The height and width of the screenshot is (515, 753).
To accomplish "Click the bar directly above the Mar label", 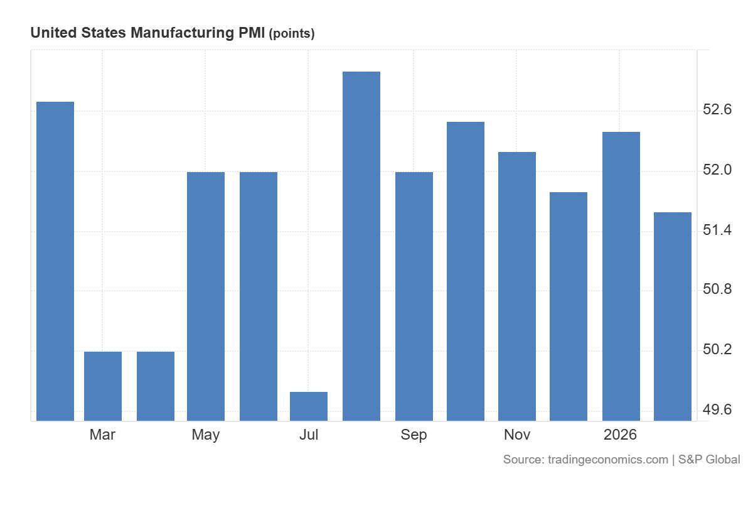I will click(x=103, y=386).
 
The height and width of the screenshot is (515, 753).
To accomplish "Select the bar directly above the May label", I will click(x=206, y=296).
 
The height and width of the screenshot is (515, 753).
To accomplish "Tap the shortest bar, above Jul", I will click(x=309, y=406).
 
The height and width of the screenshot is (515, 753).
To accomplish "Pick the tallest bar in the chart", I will click(x=361, y=246).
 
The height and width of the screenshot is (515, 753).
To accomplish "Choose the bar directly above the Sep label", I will click(x=414, y=296).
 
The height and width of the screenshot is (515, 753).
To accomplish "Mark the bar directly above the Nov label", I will click(x=517, y=286).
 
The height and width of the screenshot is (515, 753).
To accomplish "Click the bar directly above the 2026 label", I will click(x=621, y=276).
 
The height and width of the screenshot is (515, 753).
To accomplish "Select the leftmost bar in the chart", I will click(x=55, y=261).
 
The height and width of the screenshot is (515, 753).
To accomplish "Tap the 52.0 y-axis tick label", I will click(x=717, y=171).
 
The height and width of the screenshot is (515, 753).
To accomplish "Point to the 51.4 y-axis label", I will click(x=717, y=230).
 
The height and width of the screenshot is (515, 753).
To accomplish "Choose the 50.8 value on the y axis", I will click(x=717, y=290).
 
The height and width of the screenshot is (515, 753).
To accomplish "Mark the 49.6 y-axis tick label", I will click(x=717, y=410).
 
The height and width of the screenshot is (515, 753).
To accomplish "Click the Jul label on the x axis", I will click(x=309, y=435).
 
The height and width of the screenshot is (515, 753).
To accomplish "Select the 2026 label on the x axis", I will click(x=620, y=435).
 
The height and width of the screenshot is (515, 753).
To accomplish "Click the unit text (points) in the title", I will click(x=292, y=34).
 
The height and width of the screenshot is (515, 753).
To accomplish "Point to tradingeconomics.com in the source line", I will click(x=608, y=460).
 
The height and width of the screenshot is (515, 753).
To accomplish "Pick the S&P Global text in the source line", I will click(x=710, y=460).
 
